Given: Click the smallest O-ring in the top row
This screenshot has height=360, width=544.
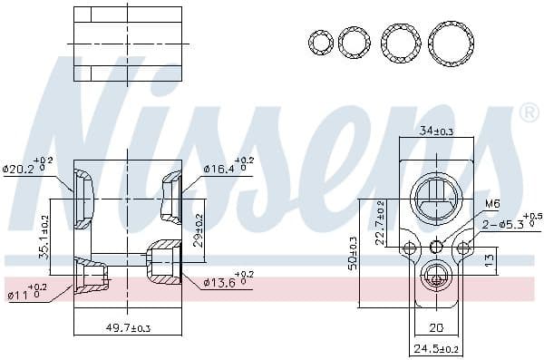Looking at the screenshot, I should click(x=320, y=42).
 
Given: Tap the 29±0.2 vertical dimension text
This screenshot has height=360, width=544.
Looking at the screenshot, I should click(x=199, y=232).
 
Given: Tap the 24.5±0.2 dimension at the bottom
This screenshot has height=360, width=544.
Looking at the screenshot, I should click(x=437, y=348).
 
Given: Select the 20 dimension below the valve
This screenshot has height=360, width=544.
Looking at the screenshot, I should click(x=437, y=328).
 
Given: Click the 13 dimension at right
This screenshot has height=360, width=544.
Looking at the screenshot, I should click(x=491, y=261).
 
